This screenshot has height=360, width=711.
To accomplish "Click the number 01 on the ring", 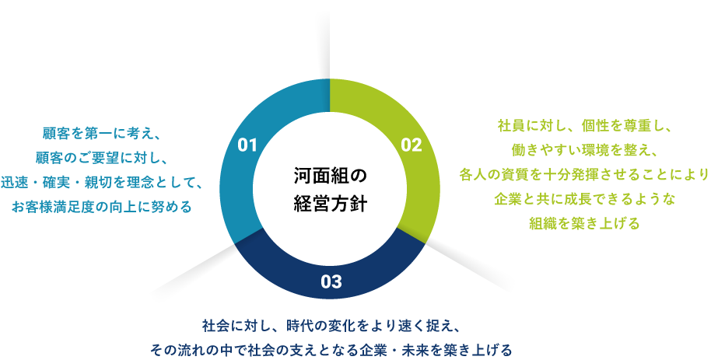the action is [247, 145].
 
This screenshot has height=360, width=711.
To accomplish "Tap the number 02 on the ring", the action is [412, 145].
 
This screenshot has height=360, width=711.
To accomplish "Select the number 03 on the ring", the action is [331, 281].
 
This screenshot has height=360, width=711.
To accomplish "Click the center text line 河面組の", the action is [330, 176].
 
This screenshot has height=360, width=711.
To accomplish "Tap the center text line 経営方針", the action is [330, 204].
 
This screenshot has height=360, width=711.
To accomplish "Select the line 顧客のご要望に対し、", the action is [102, 158].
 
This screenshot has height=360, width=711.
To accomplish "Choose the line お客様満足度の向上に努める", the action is [102, 207].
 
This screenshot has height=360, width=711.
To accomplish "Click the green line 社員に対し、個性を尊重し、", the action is [584, 125].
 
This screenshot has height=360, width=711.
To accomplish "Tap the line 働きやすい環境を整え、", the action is [584, 149].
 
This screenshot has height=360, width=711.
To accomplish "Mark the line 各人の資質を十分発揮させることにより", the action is [584, 174].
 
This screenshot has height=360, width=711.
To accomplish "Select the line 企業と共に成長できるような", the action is [584, 198].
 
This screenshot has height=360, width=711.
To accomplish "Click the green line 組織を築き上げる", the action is [584, 223].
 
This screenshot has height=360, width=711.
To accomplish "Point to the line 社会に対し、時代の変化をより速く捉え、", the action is [332, 326].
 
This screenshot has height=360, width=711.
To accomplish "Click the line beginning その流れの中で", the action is [331, 350].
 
